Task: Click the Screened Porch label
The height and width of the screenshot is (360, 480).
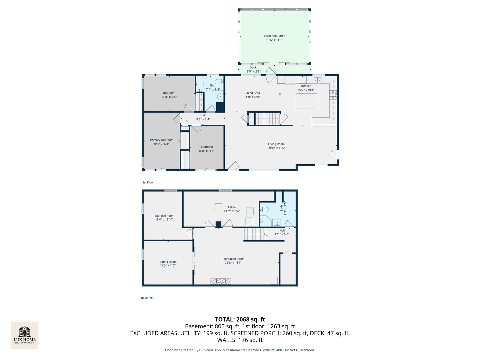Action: [274, 36]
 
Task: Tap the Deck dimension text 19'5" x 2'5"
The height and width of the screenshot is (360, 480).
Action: [253, 71]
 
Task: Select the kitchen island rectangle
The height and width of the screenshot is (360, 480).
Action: [306, 101]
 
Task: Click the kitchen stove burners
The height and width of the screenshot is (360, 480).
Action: [332, 95]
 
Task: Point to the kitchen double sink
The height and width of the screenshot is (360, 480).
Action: [317, 80]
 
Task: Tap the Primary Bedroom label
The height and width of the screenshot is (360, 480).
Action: [162, 140]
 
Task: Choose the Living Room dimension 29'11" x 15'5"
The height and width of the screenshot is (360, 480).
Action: [276, 148]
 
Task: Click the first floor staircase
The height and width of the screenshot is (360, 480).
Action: [268, 119]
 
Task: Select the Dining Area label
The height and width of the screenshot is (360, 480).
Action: [252, 93]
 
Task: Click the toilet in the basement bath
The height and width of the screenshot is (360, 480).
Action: [264, 210]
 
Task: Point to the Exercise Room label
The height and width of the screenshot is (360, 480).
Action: [164, 216]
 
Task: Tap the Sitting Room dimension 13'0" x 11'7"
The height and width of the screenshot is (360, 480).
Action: [168, 266]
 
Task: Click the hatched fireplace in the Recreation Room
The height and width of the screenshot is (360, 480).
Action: [221, 281]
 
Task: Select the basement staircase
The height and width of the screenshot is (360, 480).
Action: [255, 234]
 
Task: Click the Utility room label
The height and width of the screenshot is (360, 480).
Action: [232, 207]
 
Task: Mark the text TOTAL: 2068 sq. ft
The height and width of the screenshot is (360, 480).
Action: [240, 320]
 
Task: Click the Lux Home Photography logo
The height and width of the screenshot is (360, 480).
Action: [24, 335]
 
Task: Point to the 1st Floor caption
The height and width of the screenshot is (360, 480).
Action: [148, 183]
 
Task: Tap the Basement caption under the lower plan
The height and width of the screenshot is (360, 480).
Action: [148, 298]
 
